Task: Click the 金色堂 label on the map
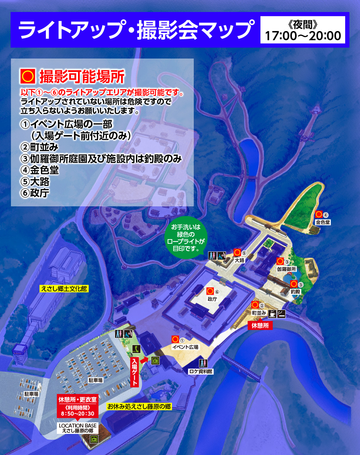click(x=323, y=222)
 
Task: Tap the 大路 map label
click(x=240, y=260)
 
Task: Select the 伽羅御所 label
click(x=286, y=269)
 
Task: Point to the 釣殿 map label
click(x=295, y=292)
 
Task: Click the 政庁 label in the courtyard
click(x=212, y=299)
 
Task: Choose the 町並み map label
click(x=259, y=313)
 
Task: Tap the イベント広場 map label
click(x=185, y=347)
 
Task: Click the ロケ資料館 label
click(x=200, y=371)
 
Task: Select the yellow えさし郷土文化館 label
click(x=64, y=289)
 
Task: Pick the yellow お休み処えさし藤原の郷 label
click(x=139, y=407)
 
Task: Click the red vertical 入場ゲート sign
click(x=134, y=372)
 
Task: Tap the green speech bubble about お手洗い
click(x=186, y=238)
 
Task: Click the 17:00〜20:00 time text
click(x=303, y=36)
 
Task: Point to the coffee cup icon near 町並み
click(x=272, y=313)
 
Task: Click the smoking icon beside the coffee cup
click(x=281, y=313)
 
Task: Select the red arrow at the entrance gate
click(x=144, y=360)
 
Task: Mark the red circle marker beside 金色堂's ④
click(x=319, y=214)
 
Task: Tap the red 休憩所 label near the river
click(x=260, y=326)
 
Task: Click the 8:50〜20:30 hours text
click(x=78, y=413)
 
